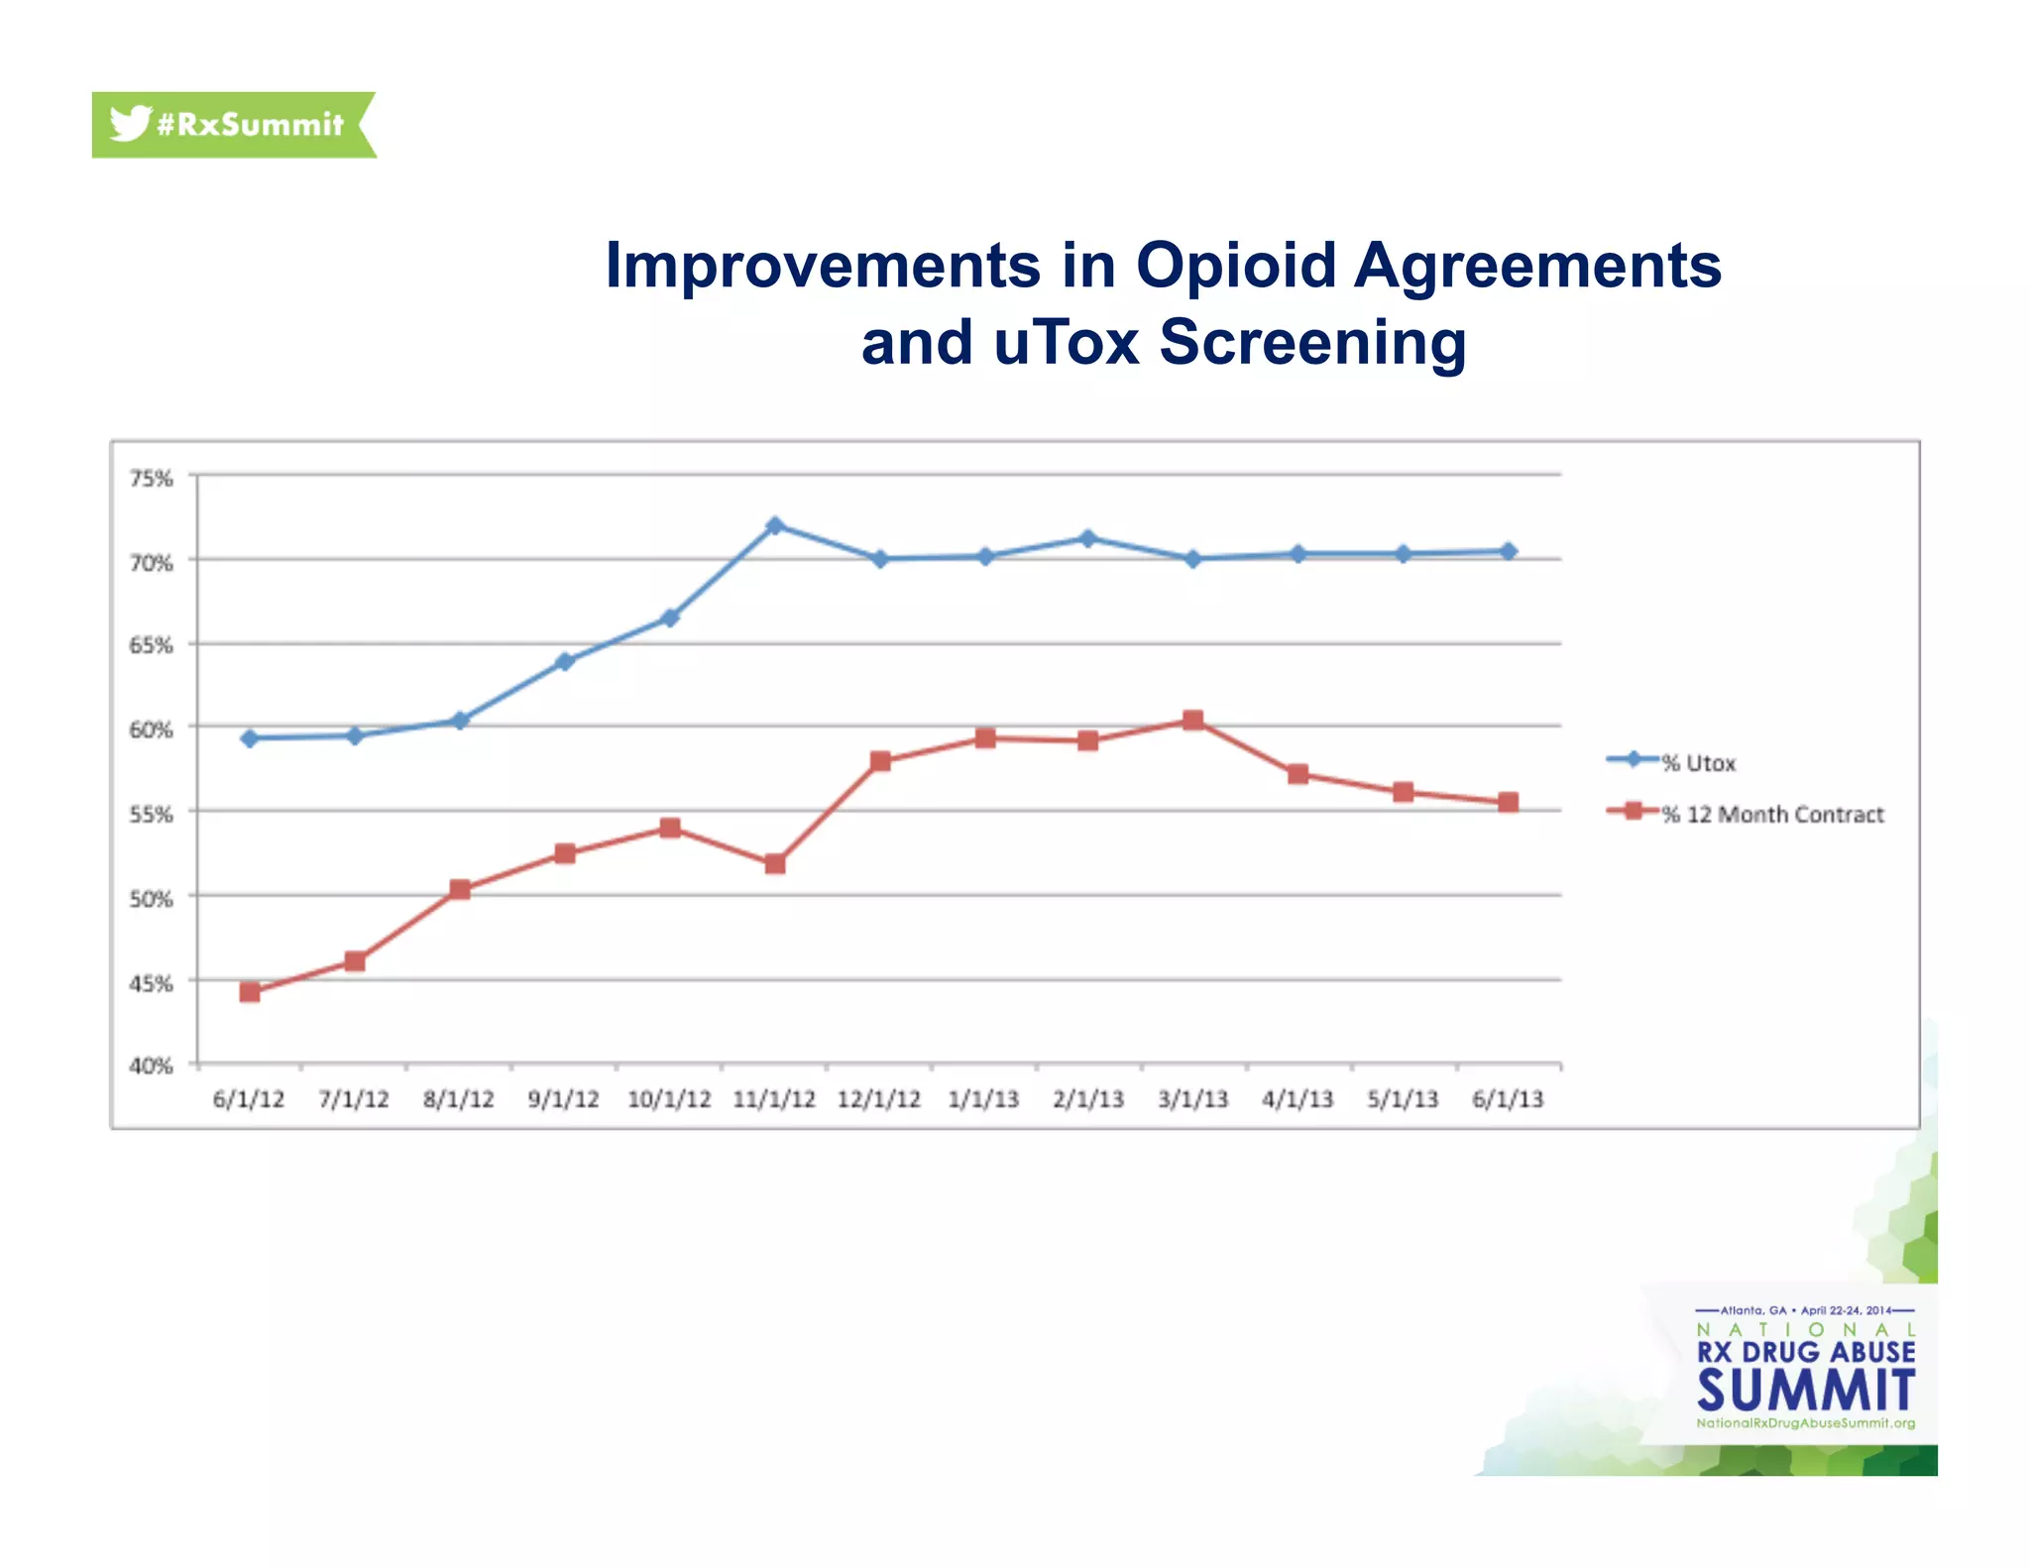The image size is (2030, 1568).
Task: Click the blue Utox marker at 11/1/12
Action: coord(775,525)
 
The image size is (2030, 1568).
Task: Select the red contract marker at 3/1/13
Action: coord(1193,720)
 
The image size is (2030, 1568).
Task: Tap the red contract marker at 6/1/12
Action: coord(250,992)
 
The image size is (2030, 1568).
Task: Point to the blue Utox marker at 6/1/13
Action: coord(1508,551)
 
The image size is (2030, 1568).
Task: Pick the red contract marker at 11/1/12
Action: coord(775,864)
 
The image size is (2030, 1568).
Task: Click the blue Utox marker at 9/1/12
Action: coord(565,661)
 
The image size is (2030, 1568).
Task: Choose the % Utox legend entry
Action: coord(1698,762)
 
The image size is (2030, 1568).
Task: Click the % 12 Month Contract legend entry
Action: coord(1771,814)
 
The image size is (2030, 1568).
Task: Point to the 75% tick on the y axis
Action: coord(151,479)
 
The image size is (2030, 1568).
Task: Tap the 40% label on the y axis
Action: coord(151,1065)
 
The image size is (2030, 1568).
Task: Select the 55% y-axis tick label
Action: coord(151,815)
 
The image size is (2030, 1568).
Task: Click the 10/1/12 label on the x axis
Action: coord(669,1099)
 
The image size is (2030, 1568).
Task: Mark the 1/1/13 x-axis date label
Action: coord(983,1099)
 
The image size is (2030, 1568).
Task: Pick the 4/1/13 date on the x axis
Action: coord(1297,1099)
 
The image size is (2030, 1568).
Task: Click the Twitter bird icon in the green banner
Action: coord(129,123)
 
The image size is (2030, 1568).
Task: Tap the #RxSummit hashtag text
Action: coord(250,125)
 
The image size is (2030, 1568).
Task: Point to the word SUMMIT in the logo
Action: coord(1806,1390)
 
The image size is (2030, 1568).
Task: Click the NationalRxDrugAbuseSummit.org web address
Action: coord(1805,1423)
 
